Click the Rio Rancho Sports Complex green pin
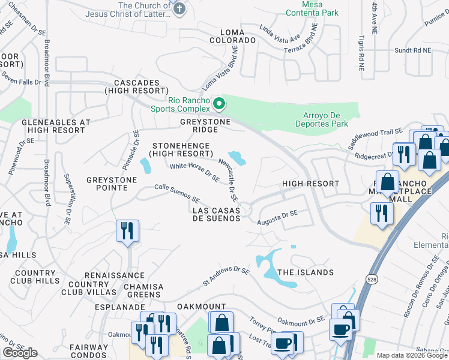(220, 104)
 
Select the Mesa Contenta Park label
(312, 8)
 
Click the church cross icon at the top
(178, 8)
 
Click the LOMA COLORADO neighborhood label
(232, 36)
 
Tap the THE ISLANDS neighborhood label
(306, 272)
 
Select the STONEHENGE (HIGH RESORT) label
(181, 149)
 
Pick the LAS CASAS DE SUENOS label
(216, 214)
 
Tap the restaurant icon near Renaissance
(127, 231)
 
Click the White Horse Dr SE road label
(194, 172)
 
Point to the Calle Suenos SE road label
(176, 193)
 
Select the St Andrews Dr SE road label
(226, 276)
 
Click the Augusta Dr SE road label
(277, 217)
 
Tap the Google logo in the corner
(20, 352)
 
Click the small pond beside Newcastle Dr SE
(238, 158)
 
